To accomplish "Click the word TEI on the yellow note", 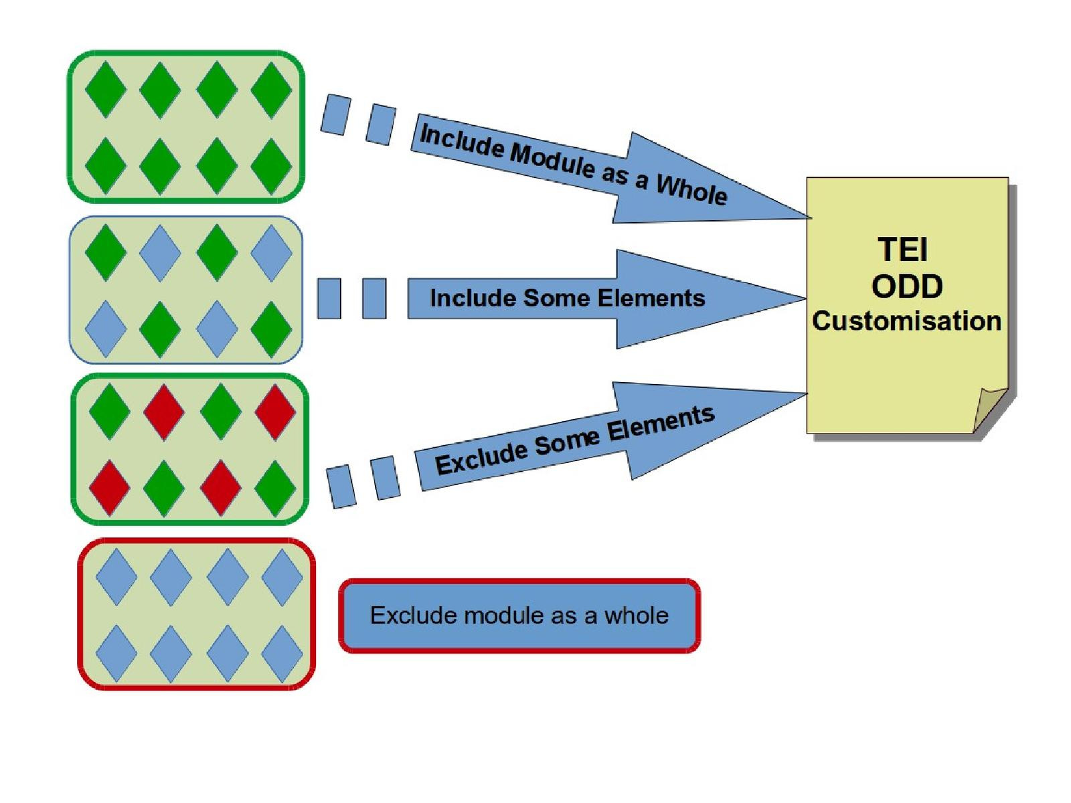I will point(902,250).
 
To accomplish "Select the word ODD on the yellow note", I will point(907,286).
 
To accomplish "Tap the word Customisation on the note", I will point(906,321).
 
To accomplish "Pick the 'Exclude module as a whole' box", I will point(519,616).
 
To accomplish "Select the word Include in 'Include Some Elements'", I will point(473,298).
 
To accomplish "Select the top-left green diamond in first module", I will point(106,89).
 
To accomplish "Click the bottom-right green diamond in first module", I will point(271,165).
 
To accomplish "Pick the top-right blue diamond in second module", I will point(271,253).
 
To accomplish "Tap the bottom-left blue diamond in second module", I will point(106,329).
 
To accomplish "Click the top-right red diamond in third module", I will point(275,412).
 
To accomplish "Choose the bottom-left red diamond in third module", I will point(109,487).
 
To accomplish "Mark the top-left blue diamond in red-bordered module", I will point(116,577).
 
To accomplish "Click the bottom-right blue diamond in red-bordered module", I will point(282,653).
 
